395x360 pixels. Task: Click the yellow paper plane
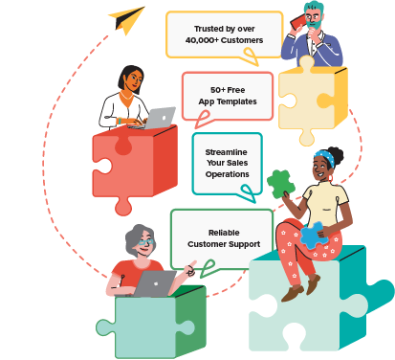click(127, 18)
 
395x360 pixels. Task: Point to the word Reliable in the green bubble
click(223, 233)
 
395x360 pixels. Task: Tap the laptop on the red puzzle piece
click(158, 118)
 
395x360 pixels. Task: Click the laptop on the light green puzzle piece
click(155, 282)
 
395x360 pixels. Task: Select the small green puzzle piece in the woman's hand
click(279, 183)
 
